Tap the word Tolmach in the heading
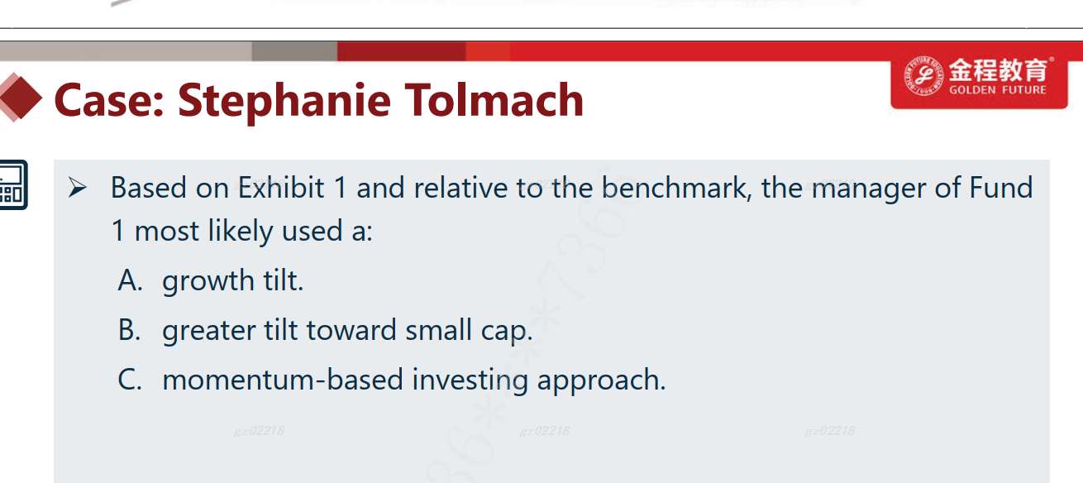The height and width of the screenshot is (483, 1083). (x=494, y=100)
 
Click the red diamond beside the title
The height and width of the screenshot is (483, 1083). (x=21, y=98)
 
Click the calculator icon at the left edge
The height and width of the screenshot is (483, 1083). (x=13, y=184)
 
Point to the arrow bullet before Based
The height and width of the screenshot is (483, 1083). (x=78, y=187)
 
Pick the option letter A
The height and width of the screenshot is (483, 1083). (x=130, y=280)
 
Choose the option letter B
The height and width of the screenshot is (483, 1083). (x=129, y=330)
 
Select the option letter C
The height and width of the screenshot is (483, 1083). (x=130, y=380)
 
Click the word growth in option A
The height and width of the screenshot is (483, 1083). (x=208, y=282)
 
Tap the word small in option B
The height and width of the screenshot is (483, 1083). (x=438, y=330)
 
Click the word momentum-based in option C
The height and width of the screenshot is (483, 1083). (x=283, y=380)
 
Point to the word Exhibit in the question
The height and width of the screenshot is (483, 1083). (x=281, y=187)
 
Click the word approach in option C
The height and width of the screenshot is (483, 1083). (x=602, y=381)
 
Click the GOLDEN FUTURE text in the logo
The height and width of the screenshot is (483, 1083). (x=997, y=90)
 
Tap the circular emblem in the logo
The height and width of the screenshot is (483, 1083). (x=923, y=76)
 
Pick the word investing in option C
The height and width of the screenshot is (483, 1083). (x=470, y=381)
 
